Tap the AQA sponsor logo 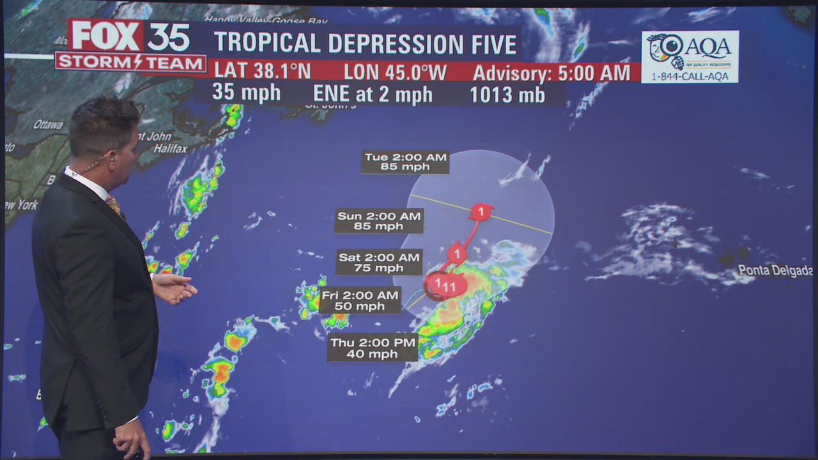[690, 56]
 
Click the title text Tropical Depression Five [365, 43]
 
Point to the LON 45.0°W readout [395, 72]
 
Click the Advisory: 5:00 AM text [551, 73]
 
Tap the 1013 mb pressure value [507, 95]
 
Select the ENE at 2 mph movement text [373, 95]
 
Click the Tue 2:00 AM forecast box [405, 162]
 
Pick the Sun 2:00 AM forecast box [379, 221]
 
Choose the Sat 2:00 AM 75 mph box [380, 262]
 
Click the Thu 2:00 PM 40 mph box [373, 348]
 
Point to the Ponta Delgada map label [775, 270]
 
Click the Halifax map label [170, 149]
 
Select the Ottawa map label [48, 125]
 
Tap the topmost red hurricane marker [481, 211]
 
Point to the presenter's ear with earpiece [112, 155]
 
